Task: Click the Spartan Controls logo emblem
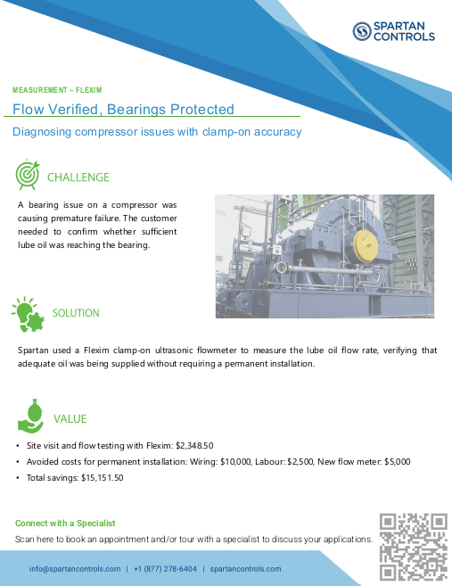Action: pyautogui.click(x=361, y=32)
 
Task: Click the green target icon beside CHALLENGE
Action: pyautogui.click(x=28, y=175)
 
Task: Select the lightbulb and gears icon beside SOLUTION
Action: pyautogui.click(x=28, y=313)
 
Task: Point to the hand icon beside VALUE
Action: pyautogui.click(x=29, y=417)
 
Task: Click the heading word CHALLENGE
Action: pyautogui.click(x=78, y=177)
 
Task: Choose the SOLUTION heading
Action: pyautogui.click(x=76, y=313)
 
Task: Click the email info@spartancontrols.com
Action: pyautogui.click(x=74, y=569)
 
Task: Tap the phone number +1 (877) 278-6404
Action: pyautogui.click(x=165, y=569)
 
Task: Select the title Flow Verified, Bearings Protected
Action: pyautogui.click(x=123, y=110)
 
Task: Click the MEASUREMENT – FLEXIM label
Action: pyautogui.click(x=57, y=90)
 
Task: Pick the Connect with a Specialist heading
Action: pyautogui.click(x=65, y=523)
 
